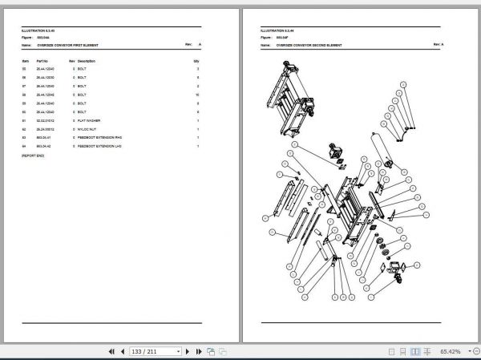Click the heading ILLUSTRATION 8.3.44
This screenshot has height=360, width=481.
pyautogui.click(x=276, y=31)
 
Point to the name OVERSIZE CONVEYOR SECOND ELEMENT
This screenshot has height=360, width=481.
pyautogui.click(x=309, y=46)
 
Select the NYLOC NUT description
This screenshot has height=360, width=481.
pyautogui.click(x=88, y=129)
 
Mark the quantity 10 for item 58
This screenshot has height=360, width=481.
pyautogui.click(x=196, y=95)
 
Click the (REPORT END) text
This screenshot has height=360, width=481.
pyautogui.click(x=33, y=156)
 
